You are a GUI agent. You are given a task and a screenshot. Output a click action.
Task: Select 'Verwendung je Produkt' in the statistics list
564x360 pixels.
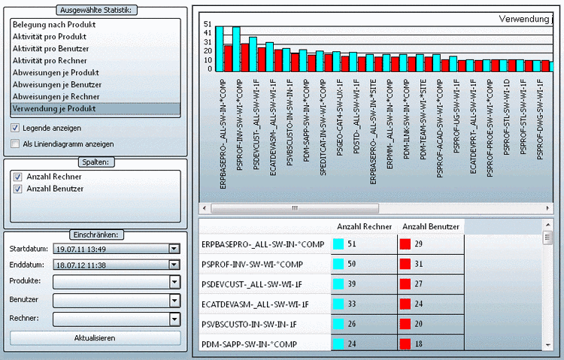(x=54, y=109)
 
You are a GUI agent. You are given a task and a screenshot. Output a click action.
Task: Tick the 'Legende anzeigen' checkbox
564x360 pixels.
(x=16, y=128)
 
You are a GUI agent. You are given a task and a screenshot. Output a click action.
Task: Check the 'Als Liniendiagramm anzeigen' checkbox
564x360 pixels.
(x=16, y=144)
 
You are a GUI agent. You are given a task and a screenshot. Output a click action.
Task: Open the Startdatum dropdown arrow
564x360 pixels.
(x=174, y=249)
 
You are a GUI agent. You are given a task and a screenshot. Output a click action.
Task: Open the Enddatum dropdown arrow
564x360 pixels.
(x=174, y=265)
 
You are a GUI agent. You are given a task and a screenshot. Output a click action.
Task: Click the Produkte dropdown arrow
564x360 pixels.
(x=174, y=281)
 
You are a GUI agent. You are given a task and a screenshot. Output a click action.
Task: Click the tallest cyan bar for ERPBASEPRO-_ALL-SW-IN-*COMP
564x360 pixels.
(x=220, y=49)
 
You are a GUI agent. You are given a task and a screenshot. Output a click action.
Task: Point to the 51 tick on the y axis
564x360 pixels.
(x=208, y=24)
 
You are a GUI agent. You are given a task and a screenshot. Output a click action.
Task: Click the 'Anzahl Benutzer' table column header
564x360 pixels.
(x=431, y=226)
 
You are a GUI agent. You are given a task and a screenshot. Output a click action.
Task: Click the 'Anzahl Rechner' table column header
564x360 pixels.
(x=364, y=226)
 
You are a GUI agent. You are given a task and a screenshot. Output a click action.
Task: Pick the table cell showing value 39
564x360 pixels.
(x=364, y=284)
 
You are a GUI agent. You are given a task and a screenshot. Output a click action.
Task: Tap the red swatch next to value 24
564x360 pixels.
(x=404, y=304)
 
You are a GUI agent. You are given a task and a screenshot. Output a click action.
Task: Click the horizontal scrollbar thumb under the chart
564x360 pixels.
(x=296, y=208)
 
